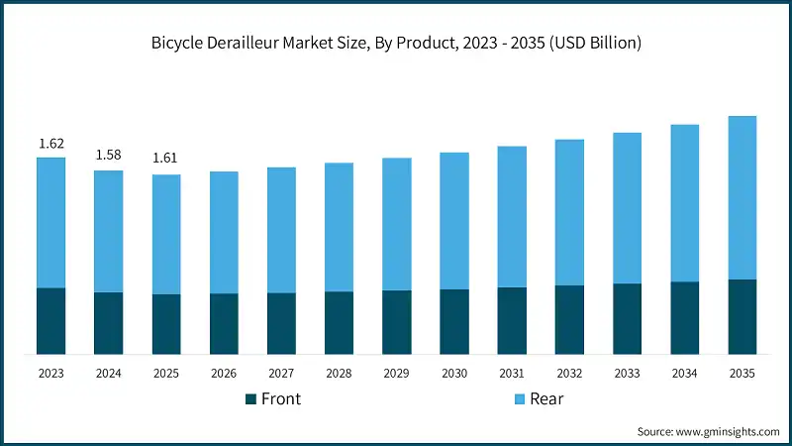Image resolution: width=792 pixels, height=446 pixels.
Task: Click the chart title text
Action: point(396,43)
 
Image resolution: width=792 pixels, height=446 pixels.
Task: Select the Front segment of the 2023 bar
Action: point(50,320)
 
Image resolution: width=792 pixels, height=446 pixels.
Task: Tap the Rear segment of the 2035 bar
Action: point(742,197)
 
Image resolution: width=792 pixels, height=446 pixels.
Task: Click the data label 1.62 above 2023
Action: point(51,145)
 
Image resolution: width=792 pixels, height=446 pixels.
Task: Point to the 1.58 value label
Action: point(109,155)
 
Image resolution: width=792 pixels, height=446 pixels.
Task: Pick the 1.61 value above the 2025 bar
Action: point(166,159)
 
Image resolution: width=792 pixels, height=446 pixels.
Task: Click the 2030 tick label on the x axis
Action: point(454,373)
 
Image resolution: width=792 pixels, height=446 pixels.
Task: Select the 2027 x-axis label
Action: point(281,373)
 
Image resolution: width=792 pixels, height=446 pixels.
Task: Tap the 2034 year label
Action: point(684,373)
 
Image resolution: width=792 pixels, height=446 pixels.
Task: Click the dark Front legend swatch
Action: point(250,398)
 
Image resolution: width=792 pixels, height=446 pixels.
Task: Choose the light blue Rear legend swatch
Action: point(520,398)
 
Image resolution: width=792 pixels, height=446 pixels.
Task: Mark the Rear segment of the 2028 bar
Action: point(339,227)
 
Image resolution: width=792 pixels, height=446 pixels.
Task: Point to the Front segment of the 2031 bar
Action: point(512,320)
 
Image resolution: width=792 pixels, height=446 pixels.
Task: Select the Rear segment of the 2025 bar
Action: point(166,234)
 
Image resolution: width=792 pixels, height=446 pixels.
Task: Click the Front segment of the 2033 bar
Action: point(627,318)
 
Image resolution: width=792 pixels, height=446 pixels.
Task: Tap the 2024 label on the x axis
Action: point(109,373)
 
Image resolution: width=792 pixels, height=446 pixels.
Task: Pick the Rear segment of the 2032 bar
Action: point(569,212)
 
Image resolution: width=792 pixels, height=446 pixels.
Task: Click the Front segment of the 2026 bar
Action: point(224,323)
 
